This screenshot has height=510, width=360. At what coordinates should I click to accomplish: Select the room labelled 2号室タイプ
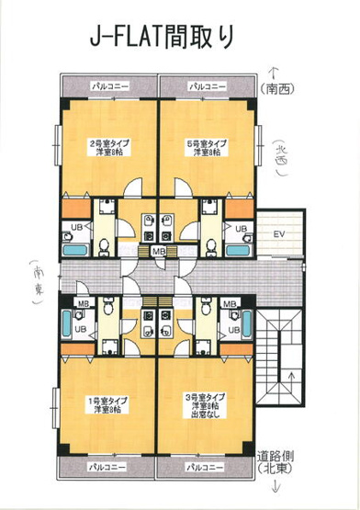pyautogui.click(x=107, y=147)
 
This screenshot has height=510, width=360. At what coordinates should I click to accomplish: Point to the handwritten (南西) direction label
pyautogui.click(x=280, y=89)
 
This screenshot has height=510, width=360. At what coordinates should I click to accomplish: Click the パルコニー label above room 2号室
pyautogui.click(x=109, y=85)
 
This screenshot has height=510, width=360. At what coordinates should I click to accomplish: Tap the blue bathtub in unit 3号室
pyautogui.click(x=246, y=323)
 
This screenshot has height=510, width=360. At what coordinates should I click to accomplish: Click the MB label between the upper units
pyautogui.click(x=158, y=250)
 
